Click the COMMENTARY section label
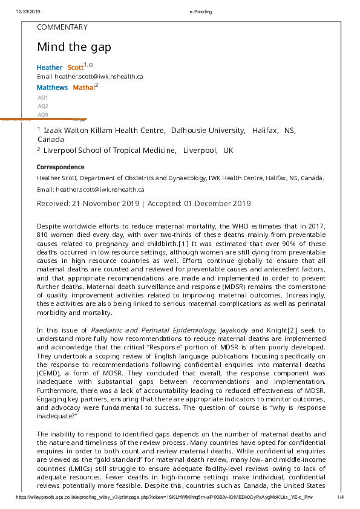point(62,27)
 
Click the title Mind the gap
point(74,47)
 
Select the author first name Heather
point(50,67)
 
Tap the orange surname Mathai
point(83,88)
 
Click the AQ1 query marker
point(43,97)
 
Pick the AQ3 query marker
point(43,114)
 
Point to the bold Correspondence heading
point(61,167)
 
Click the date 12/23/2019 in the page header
point(28,12)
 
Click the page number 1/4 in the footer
point(340,497)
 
